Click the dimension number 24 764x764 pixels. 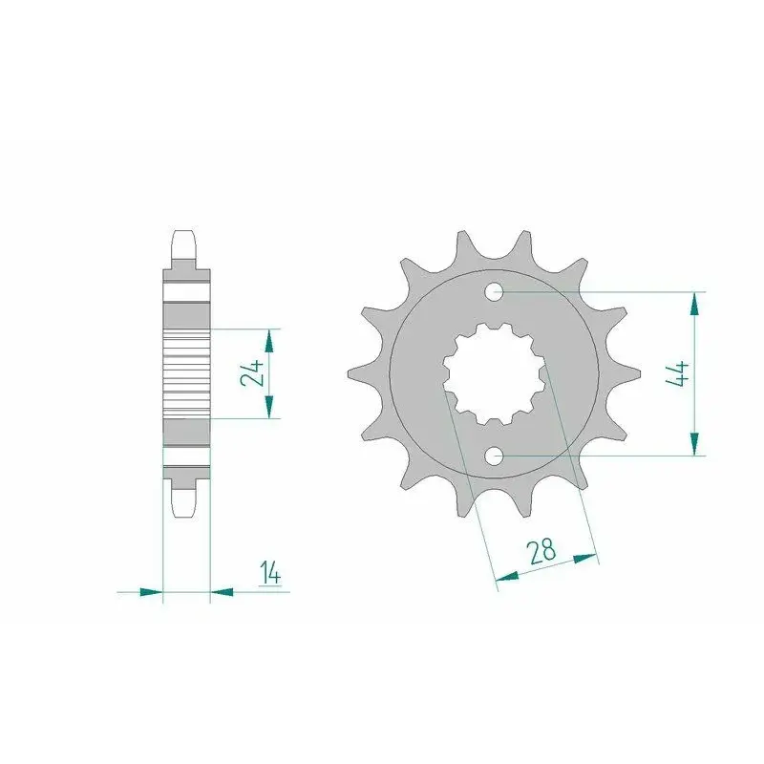coord(252,373)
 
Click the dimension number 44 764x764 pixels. coord(677,373)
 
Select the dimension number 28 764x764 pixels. coord(541,551)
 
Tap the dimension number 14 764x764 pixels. coord(270,572)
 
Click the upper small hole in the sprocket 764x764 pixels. coord(494,292)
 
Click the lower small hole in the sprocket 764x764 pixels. coord(494,456)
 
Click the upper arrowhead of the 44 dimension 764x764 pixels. coord(694,305)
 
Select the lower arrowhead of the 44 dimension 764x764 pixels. coord(694,443)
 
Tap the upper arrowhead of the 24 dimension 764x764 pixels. coord(268,341)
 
